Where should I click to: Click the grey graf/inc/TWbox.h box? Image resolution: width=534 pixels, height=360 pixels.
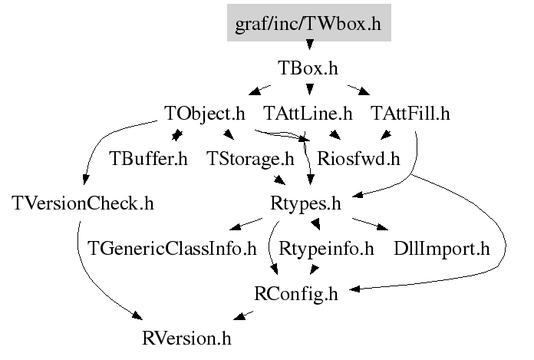point(309,23)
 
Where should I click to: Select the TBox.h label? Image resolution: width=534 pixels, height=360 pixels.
point(308,68)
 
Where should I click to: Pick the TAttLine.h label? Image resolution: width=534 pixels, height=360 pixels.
point(308,114)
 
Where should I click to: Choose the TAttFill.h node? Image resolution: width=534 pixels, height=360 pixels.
point(410,114)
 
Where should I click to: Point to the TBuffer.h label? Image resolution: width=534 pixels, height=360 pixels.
point(148,159)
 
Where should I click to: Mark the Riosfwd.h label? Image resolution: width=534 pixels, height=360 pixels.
point(358,159)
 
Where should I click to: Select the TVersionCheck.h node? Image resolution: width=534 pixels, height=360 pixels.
point(83,203)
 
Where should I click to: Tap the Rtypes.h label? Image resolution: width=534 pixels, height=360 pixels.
point(305,204)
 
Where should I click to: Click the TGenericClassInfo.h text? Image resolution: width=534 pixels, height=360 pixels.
point(172,249)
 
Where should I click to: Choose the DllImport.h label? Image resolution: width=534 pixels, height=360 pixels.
point(442,249)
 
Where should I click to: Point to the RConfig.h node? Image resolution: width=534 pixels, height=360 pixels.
point(296,294)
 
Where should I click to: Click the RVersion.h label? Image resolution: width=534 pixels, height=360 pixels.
point(186,339)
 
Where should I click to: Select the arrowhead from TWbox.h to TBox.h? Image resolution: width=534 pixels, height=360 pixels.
point(309,45)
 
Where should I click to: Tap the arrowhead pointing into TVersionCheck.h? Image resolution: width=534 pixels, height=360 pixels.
point(86,179)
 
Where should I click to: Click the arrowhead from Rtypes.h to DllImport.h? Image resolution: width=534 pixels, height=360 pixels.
point(383,227)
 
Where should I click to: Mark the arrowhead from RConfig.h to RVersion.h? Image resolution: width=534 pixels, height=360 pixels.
point(239,316)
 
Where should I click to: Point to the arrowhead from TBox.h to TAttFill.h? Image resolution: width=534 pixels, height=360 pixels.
point(364,91)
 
